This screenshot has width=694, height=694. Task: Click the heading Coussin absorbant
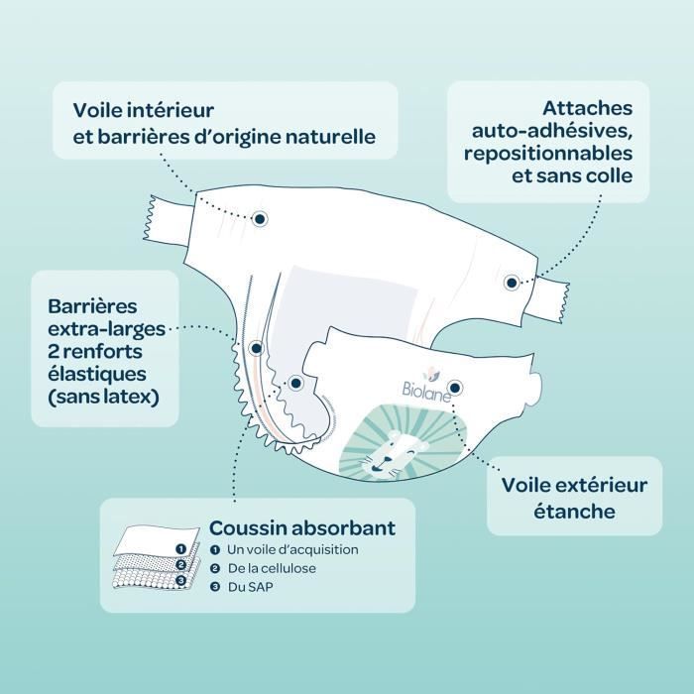click(302, 527)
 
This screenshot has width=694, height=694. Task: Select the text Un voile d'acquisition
click(292, 549)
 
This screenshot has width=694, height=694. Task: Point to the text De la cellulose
click(272, 568)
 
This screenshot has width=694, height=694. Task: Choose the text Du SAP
click(251, 587)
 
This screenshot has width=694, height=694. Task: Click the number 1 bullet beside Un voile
click(215, 550)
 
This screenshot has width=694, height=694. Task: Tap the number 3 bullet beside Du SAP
click(215, 587)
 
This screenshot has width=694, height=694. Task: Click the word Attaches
click(588, 108)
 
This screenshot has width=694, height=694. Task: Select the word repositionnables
click(548, 154)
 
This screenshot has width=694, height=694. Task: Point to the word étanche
click(574, 512)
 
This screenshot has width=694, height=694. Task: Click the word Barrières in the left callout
click(92, 306)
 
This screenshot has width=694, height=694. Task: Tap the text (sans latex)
click(103, 397)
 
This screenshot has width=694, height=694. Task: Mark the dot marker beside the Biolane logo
click(455, 388)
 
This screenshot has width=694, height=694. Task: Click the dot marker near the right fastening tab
click(512, 283)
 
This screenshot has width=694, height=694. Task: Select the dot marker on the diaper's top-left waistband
click(260, 219)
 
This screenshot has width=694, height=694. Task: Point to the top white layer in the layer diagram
click(156, 540)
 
